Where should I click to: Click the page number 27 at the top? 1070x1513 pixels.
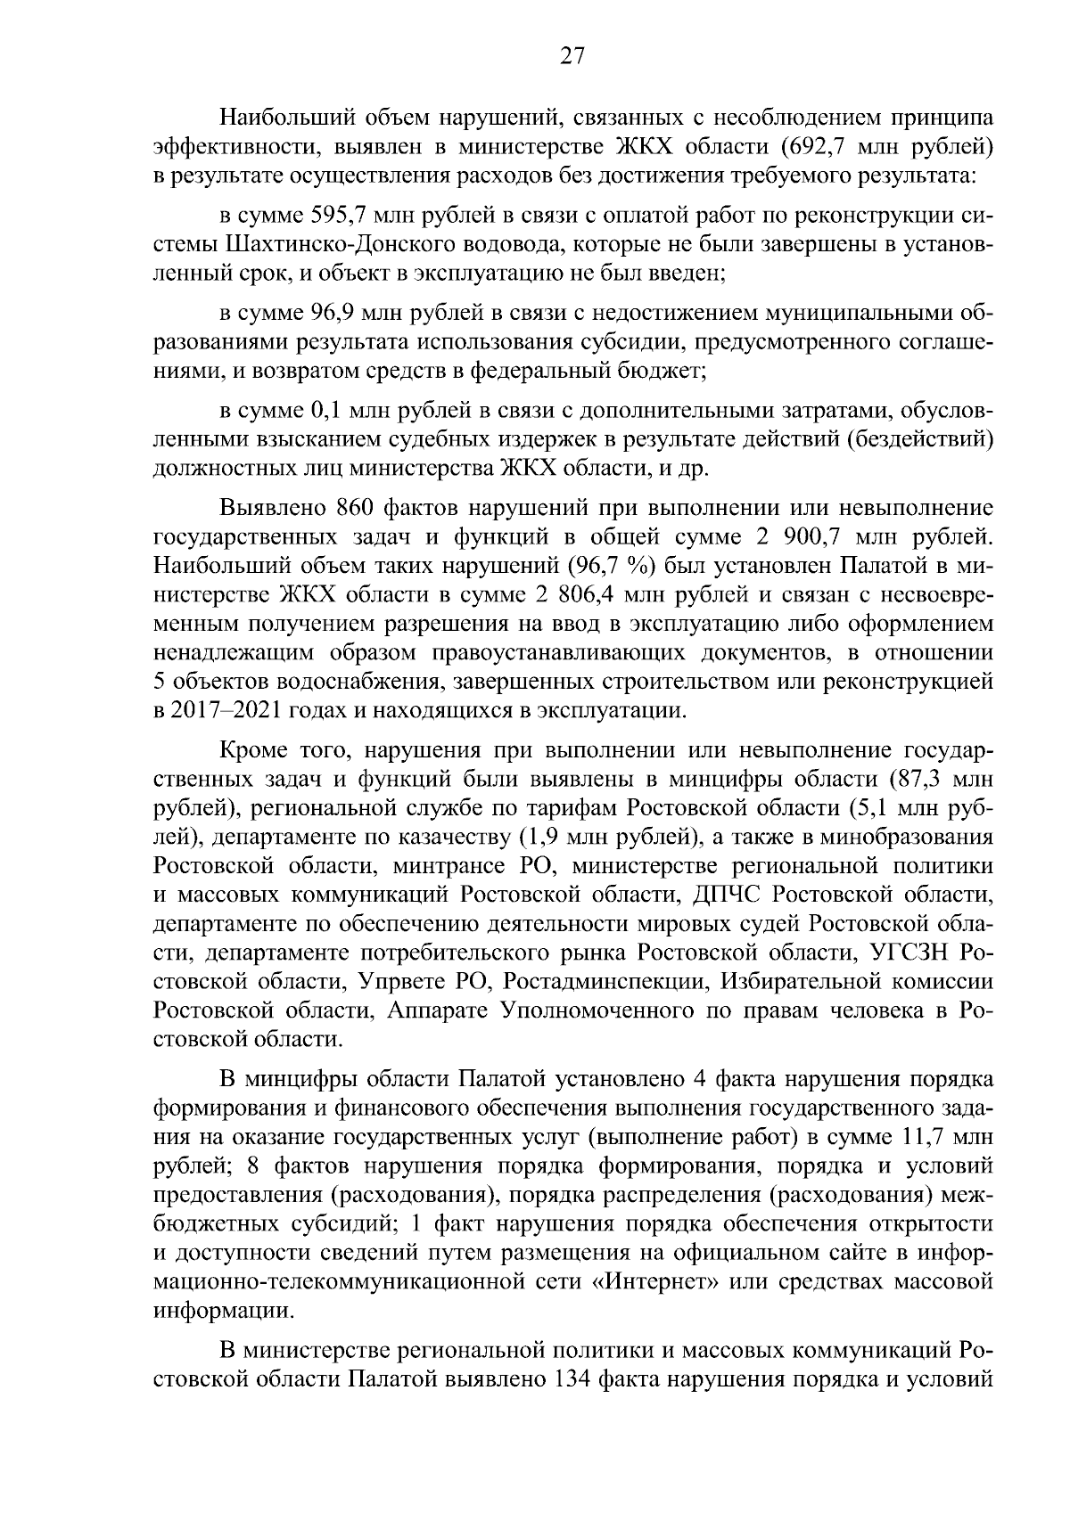pyautogui.click(x=572, y=57)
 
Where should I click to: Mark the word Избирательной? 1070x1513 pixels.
pyautogui.click(x=802, y=981)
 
